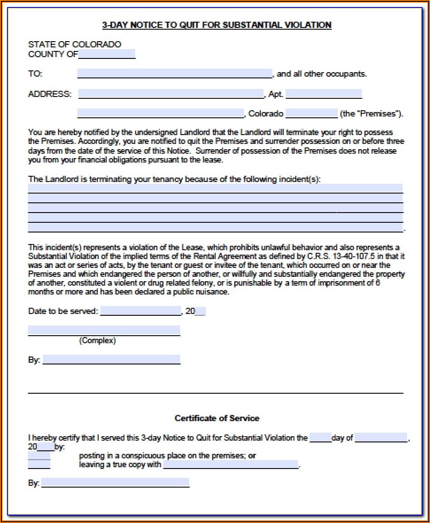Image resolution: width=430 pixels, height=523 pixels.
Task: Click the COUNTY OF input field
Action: pyautogui.click(x=107, y=54)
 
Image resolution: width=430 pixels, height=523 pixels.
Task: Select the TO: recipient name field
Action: pyautogui.click(x=174, y=74)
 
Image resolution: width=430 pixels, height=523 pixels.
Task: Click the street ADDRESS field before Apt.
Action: pyautogui.click(x=171, y=93)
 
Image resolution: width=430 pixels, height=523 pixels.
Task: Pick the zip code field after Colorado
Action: pyautogui.click(x=311, y=113)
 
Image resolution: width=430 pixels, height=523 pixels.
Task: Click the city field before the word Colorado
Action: pyautogui.click(x=160, y=113)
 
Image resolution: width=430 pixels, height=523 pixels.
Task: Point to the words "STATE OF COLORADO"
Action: pyautogui.click(x=74, y=44)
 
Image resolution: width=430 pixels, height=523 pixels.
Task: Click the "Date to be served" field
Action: pyautogui.click(x=141, y=311)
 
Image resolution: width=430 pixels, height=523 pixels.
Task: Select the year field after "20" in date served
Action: pyautogui.click(x=200, y=311)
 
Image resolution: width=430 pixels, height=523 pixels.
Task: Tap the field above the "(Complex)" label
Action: pyautogui.click(x=104, y=330)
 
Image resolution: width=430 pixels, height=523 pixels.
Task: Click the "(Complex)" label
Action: pyautogui.click(x=97, y=341)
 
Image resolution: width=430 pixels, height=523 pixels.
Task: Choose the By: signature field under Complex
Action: pyautogui.click(x=112, y=360)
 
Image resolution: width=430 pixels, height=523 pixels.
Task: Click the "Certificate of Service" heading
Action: pyautogui.click(x=217, y=418)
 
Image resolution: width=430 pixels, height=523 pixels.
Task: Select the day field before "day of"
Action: pyautogui.click(x=320, y=438)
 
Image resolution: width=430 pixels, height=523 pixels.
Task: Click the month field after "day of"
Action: pyautogui.click(x=381, y=438)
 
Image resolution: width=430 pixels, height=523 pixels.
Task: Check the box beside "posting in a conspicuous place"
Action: pyautogui.click(x=39, y=456)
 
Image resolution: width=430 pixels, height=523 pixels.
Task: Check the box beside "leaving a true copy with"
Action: pyautogui.click(x=39, y=465)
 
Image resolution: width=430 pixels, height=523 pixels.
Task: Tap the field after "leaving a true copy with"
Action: pyautogui.click(x=231, y=465)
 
